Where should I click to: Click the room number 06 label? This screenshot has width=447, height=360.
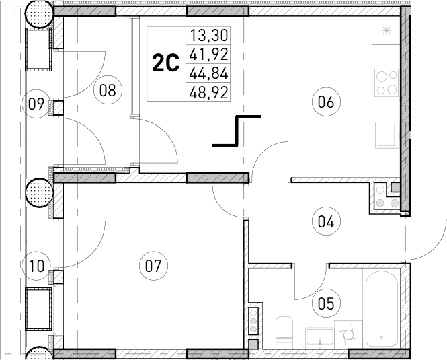327,102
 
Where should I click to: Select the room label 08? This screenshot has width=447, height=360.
107,89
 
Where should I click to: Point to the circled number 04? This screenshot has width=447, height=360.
327,220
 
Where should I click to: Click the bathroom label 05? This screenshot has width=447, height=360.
326,303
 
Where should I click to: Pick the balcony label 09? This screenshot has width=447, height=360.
36,104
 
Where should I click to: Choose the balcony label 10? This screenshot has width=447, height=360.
36,265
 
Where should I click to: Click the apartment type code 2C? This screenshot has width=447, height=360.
166,64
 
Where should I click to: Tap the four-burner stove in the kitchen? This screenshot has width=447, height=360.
387,82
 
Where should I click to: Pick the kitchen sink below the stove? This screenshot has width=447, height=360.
387,134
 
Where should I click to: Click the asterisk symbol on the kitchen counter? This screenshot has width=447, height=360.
387,30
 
